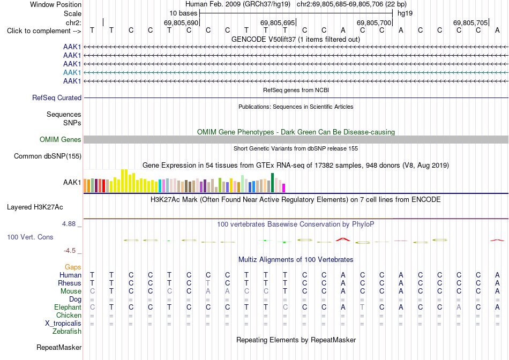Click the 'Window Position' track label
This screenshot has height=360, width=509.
pos(56,4)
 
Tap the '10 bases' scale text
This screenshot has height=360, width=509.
pos(183,13)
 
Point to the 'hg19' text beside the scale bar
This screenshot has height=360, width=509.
pos(405,13)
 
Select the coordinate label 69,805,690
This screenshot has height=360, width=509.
pos(181,22)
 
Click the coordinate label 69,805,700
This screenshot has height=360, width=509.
pos(373,22)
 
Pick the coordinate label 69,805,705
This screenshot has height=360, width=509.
pos(470,22)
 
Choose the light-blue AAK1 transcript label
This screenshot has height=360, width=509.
pos(72,72)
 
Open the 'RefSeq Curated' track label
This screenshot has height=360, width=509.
pos(57,97)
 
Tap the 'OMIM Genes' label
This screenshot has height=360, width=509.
pos(61,140)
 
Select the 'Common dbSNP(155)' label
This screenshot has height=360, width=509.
pos(48,156)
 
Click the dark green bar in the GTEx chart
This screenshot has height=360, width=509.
pos(272,183)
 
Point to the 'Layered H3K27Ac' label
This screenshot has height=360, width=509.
pos(35,207)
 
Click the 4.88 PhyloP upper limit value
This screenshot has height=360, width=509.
pos(69,224)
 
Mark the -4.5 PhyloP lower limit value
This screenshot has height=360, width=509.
pos(70,251)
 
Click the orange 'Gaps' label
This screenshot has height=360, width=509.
pos(73,267)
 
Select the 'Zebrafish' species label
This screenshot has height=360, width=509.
pos(67,332)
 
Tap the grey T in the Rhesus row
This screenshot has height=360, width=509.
pos(208,283)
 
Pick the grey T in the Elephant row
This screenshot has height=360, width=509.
pos(362,307)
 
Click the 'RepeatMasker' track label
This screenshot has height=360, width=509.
pos(59,347)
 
